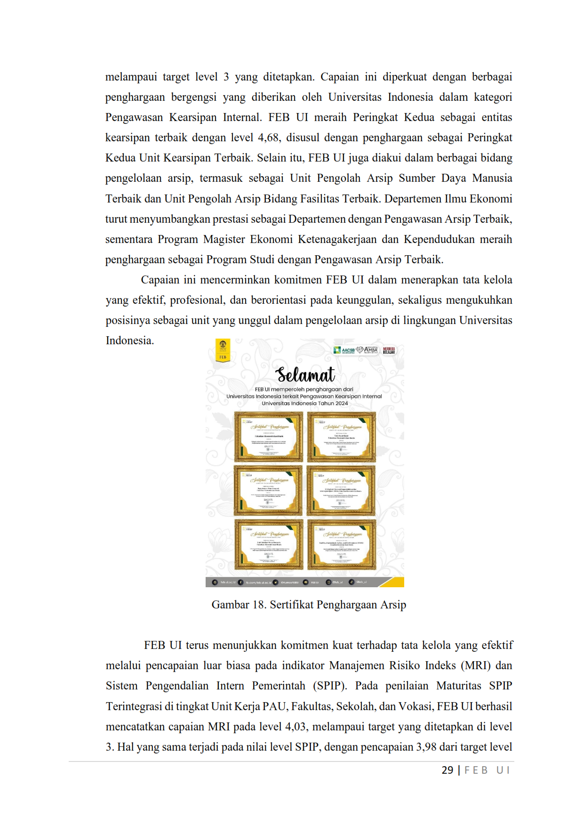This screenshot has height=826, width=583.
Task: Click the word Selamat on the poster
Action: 305,375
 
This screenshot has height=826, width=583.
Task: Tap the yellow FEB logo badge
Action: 223,350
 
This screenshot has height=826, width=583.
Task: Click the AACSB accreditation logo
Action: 344,350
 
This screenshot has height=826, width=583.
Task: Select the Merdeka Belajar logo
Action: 389,350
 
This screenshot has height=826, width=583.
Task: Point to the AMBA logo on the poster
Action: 368,349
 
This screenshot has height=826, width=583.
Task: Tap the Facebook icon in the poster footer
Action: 240,583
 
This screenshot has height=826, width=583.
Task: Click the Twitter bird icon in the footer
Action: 275,583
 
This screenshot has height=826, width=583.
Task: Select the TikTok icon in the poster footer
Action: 351,582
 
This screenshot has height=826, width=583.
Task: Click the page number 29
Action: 447,770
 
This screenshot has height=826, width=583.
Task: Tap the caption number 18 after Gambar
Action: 259,605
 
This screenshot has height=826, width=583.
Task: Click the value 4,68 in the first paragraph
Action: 268,138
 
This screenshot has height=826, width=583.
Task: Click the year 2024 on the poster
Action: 342,403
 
